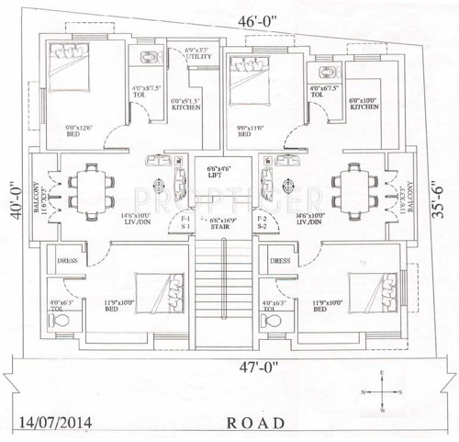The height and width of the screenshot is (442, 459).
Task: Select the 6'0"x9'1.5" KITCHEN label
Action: (185, 103)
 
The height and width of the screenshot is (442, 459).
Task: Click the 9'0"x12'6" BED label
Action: (79, 130)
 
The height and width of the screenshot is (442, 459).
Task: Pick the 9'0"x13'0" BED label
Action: (251, 130)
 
